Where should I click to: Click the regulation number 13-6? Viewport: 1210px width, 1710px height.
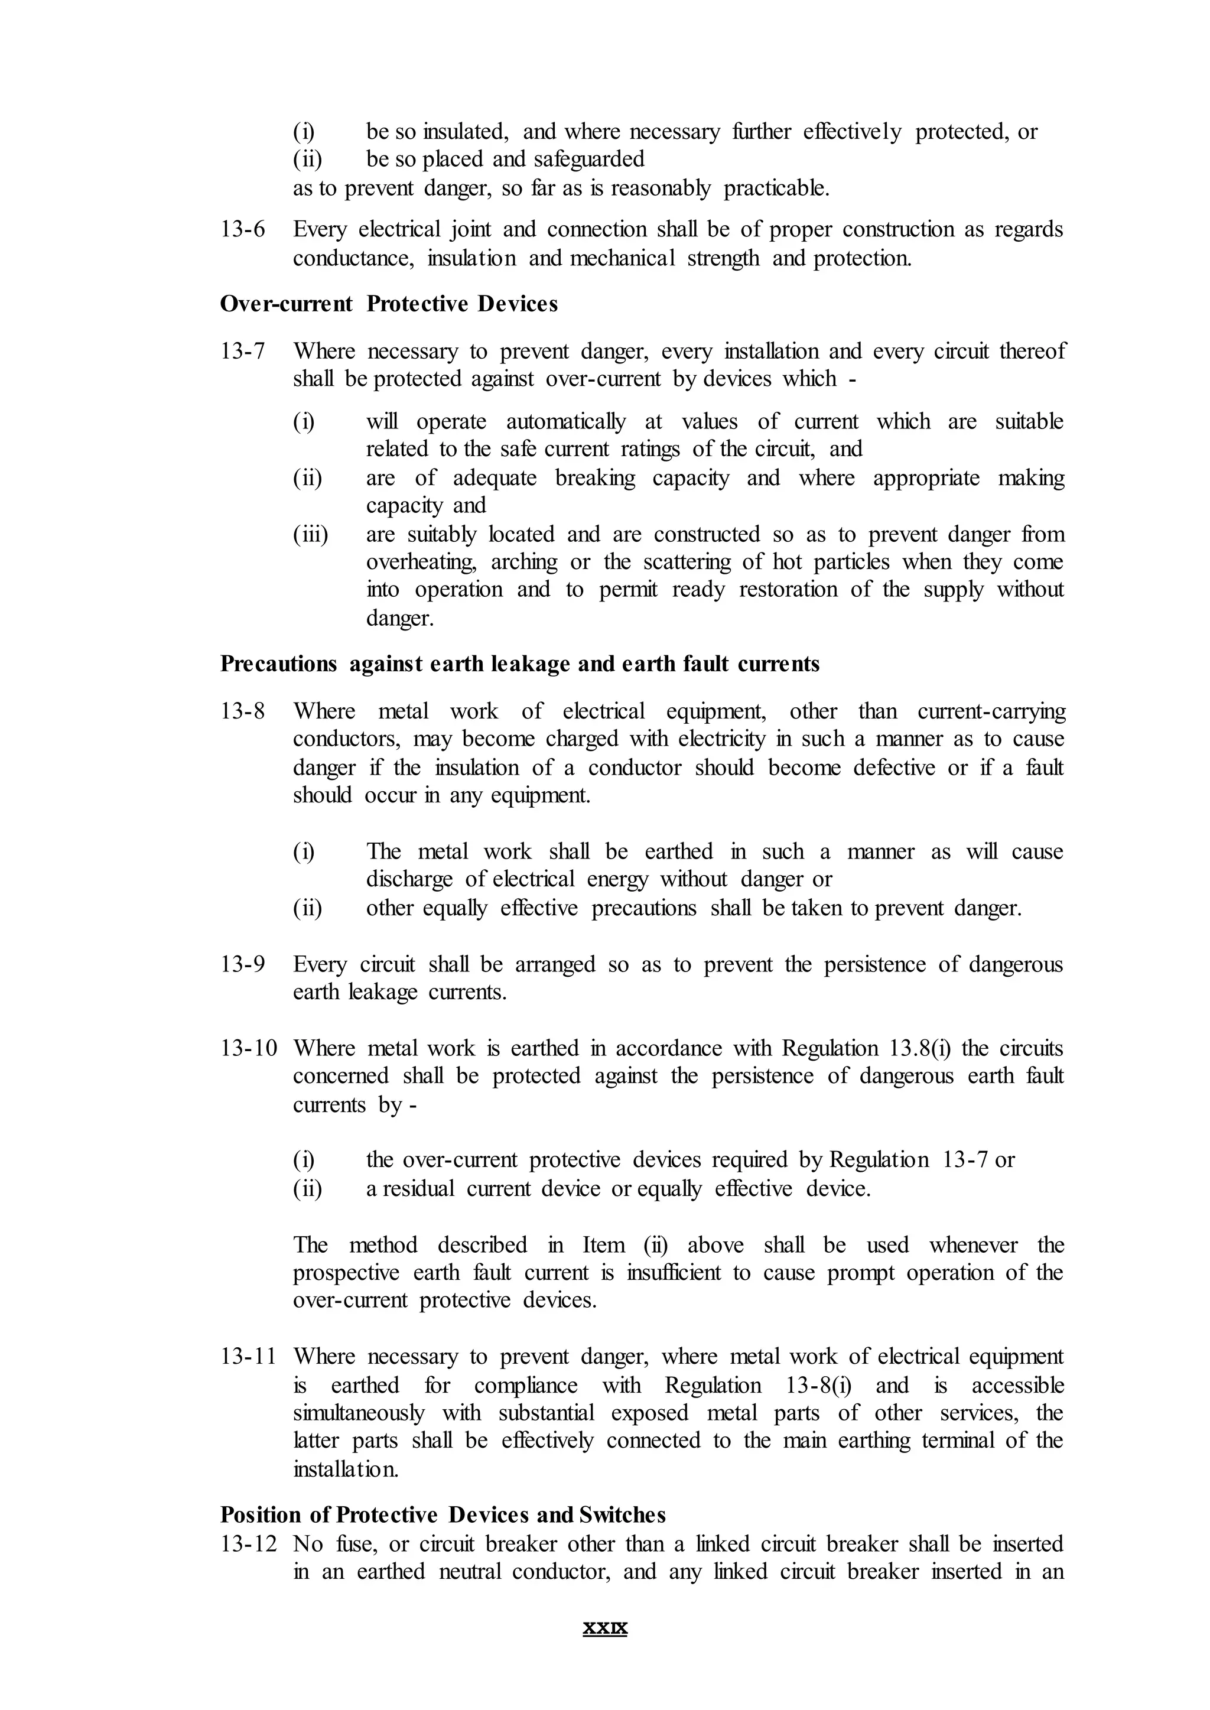[x=242, y=229]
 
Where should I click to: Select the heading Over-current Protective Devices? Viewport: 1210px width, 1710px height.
[x=388, y=304]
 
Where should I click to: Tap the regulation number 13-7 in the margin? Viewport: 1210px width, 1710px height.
[x=242, y=351]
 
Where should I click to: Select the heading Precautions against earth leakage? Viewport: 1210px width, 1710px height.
[x=519, y=664]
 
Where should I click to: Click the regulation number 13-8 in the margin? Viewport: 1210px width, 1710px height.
[x=242, y=711]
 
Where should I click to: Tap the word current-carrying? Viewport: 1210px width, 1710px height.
[x=991, y=711]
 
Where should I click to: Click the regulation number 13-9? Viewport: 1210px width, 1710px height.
[x=242, y=965]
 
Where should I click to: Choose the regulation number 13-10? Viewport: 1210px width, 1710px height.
[x=248, y=1048]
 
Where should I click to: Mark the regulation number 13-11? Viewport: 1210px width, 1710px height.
[x=248, y=1357]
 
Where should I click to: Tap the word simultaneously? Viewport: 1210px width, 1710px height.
[x=359, y=1413]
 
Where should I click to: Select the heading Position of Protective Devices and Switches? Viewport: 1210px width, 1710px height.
[x=443, y=1515]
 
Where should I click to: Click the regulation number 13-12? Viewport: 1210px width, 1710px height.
[x=248, y=1544]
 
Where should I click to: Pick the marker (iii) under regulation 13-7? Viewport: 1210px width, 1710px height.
[x=310, y=534]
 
